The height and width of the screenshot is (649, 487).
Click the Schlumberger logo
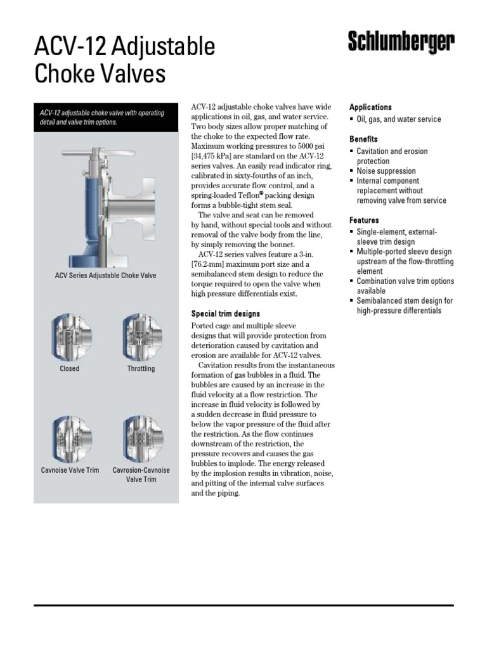click(x=401, y=44)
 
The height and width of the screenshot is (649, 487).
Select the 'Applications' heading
click(x=370, y=107)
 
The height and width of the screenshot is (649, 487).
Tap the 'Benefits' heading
click(x=363, y=139)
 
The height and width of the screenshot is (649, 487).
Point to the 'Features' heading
click(x=364, y=220)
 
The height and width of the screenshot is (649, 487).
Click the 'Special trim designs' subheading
click(x=226, y=314)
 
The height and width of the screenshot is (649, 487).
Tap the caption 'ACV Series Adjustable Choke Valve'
click(x=105, y=276)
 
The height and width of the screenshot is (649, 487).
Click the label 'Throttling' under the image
click(x=141, y=368)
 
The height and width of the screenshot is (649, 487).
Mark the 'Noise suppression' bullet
click(x=386, y=171)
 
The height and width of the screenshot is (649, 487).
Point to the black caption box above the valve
click(x=105, y=117)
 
